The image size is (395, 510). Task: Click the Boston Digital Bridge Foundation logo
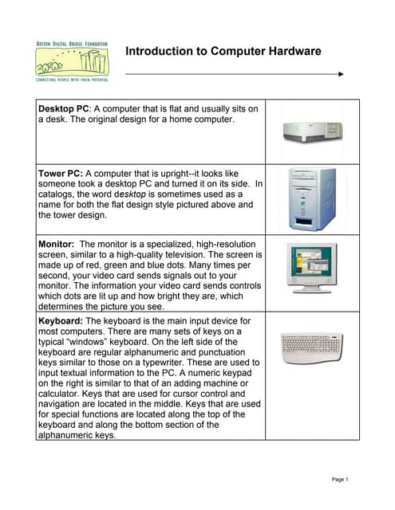[73, 61]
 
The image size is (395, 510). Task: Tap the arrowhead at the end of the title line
[341, 74]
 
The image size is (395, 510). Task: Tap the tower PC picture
[312, 199]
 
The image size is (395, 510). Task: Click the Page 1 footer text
[341, 479]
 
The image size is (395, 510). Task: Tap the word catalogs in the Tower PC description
[59, 194]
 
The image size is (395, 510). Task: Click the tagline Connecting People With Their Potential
[73, 80]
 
